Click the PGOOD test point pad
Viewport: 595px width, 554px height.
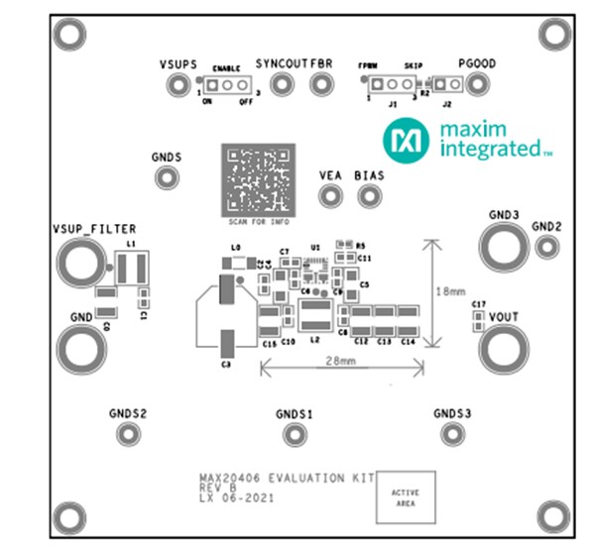click(x=477, y=87)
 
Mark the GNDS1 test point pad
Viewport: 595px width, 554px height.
click(x=294, y=434)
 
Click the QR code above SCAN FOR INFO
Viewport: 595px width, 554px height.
click(x=258, y=178)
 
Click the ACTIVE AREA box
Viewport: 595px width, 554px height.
click(x=405, y=498)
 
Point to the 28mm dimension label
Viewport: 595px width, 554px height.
click(x=340, y=362)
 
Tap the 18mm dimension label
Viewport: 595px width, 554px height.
click(x=451, y=291)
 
